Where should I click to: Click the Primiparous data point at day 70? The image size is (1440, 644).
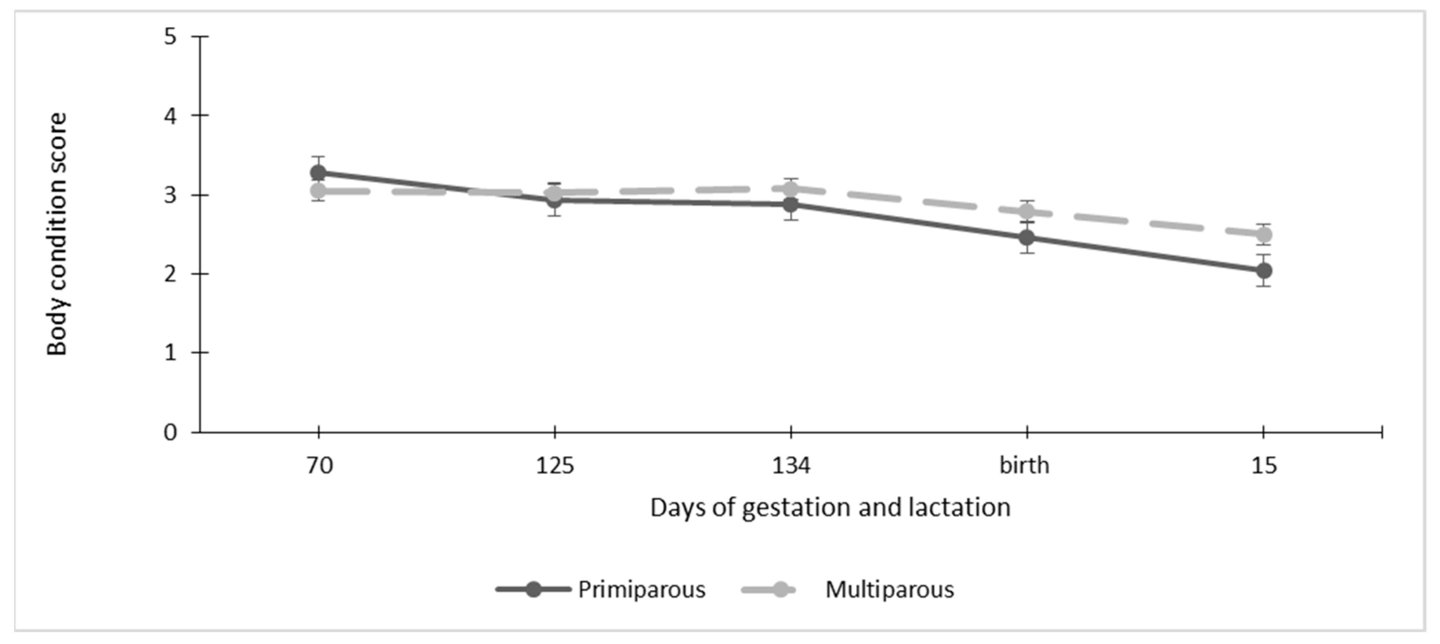(319, 173)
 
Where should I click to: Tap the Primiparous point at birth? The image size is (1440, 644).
(1027, 237)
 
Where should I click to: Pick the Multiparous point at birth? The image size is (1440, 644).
(1027, 211)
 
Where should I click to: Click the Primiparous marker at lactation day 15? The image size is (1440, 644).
(1264, 271)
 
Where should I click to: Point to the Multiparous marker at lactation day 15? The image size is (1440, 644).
(1264, 235)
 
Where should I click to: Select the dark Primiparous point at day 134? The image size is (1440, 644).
(790, 204)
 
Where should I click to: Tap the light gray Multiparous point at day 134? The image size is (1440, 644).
(790, 189)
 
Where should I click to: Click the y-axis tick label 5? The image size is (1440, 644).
(170, 37)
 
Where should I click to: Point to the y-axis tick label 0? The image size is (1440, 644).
(170, 432)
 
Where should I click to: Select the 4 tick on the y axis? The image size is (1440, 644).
(170, 116)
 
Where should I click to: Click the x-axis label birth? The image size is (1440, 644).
(1024, 465)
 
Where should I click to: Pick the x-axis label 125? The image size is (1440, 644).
(555, 465)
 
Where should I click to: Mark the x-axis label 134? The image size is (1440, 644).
(790, 465)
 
